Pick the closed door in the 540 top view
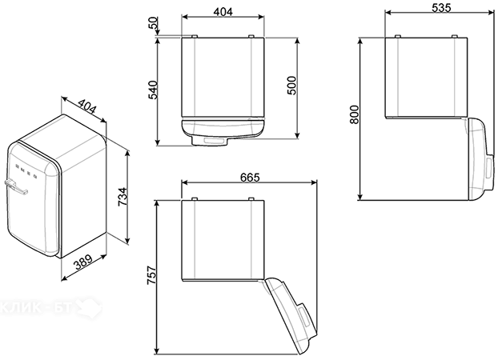223,127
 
